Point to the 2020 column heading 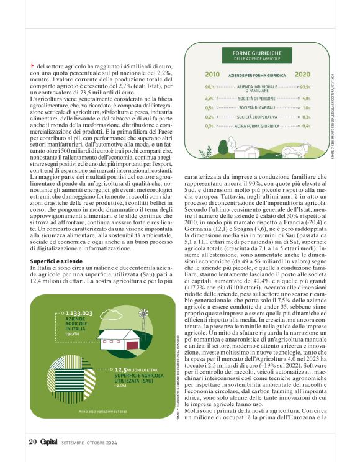(302, 74)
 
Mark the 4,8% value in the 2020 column (306, 98)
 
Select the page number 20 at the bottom (33, 442)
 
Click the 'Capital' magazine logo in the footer (50, 442)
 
